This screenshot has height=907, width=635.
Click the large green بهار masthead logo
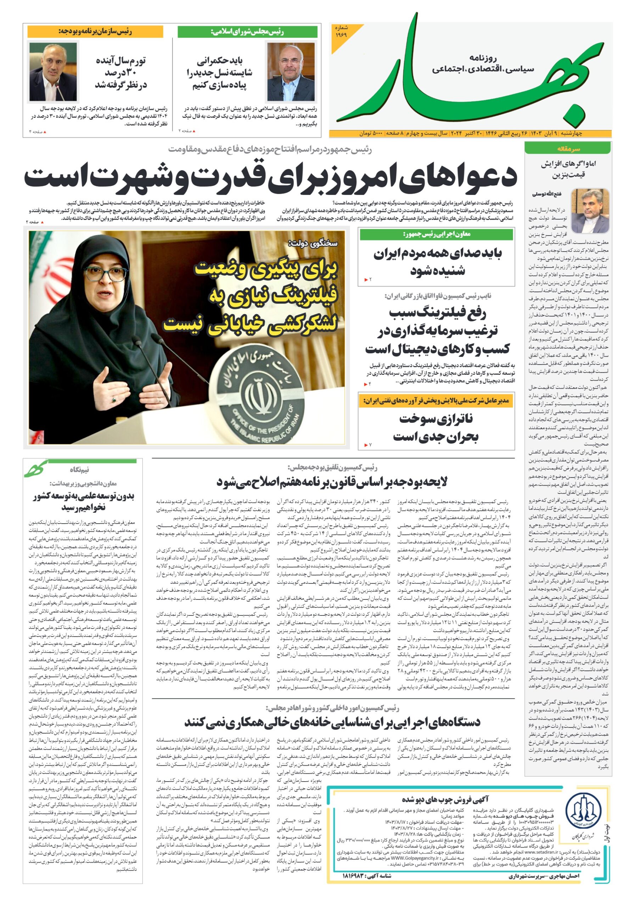(470, 75)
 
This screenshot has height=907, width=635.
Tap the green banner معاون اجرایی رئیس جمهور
(436, 234)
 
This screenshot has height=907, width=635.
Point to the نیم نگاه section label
(79, 470)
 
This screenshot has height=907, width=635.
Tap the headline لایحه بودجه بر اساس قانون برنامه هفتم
(332, 482)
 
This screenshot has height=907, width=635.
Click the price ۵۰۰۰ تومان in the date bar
(371, 134)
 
